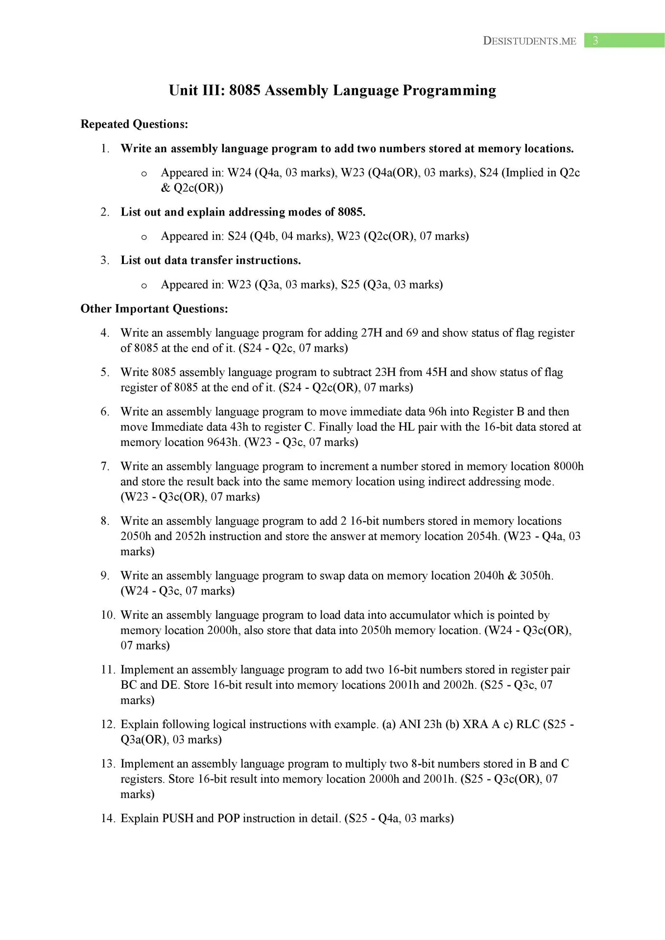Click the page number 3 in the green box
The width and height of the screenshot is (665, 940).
tap(595, 41)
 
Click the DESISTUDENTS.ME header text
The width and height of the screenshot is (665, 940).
tap(529, 41)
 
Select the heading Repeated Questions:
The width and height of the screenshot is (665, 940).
tap(134, 124)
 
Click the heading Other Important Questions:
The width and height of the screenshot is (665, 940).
tap(154, 309)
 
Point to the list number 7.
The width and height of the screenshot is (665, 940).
tap(105, 467)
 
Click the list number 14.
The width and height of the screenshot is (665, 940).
tap(107, 819)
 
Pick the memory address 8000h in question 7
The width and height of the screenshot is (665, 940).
tap(569, 467)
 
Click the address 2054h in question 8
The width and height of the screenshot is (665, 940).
tap(483, 536)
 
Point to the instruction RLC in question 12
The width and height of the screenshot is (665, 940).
tap(527, 725)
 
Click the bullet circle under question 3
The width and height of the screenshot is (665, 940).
tap(144, 285)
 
